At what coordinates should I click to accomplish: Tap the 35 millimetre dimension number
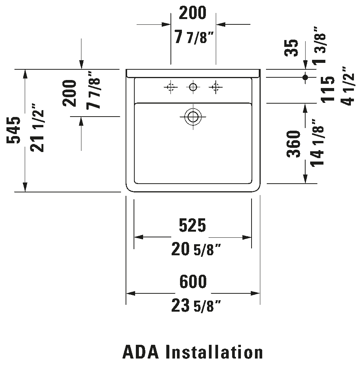(292, 47)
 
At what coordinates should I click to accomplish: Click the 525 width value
(193, 226)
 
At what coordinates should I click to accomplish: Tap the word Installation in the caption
(214, 352)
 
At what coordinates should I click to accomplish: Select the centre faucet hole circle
(193, 88)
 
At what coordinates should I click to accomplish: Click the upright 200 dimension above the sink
(193, 13)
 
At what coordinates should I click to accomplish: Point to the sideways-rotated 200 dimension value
(70, 93)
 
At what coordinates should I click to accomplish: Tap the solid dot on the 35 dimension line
(305, 77)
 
